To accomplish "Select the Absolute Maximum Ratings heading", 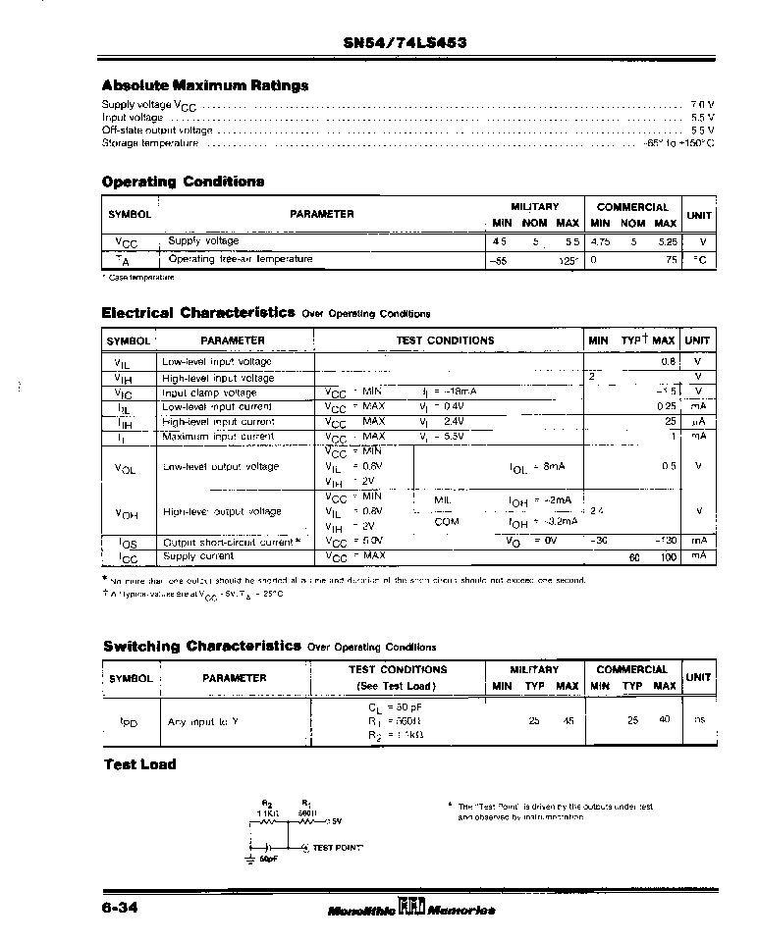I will click(205, 85).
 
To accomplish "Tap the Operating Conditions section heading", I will click(183, 182).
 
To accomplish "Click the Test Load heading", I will click(140, 764).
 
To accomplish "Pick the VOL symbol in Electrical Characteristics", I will click(126, 468).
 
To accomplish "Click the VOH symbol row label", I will click(126, 512).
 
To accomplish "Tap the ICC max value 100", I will click(668, 557).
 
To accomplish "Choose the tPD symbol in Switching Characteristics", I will click(129, 721).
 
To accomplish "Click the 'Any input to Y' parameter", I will click(203, 721).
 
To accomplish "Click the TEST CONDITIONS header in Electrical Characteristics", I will click(445, 340).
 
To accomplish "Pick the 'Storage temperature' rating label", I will click(150, 142).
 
